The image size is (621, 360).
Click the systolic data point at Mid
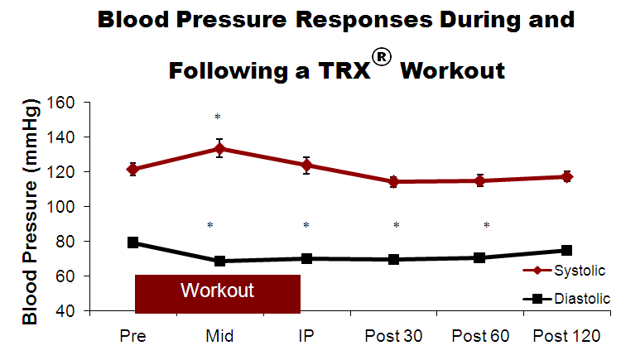pos(219,150)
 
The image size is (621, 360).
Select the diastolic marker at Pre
pos(132,242)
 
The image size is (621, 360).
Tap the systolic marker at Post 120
pos(567,176)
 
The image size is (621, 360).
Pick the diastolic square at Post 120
pos(567,250)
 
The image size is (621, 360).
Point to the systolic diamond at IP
pos(306,166)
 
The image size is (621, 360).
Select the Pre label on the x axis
pos(132,335)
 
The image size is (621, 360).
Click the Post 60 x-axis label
pos(480,335)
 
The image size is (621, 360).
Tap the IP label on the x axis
pos(306,335)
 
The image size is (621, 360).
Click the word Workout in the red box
pos(217,290)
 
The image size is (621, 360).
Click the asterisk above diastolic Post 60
pos(487,225)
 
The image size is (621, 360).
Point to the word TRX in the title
pos(344,70)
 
